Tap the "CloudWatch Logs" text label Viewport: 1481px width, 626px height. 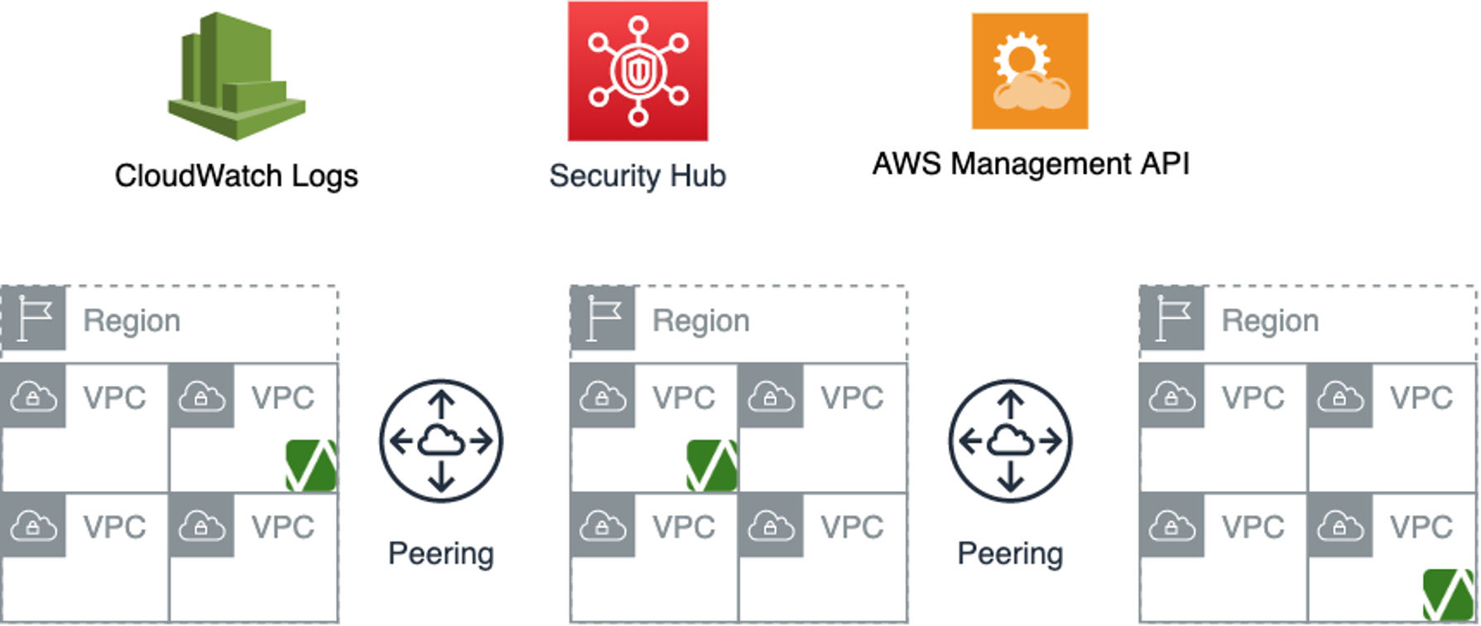click(x=237, y=176)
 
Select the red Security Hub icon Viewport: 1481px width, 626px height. click(x=637, y=71)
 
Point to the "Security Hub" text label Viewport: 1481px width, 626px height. click(x=637, y=176)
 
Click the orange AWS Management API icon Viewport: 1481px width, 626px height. click(x=1030, y=71)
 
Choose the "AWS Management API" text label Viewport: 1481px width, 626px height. click(x=1031, y=164)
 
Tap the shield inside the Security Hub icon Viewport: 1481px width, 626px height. click(x=637, y=72)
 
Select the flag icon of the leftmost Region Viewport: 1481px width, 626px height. click(x=34, y=319)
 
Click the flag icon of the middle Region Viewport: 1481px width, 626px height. click(x=603, y=319)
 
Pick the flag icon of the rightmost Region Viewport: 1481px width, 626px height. click(x=1172, y=319)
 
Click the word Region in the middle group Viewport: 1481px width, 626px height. click(x=701, y=320)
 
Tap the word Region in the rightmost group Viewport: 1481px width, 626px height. click(x=1270, y=320)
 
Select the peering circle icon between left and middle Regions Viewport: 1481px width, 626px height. click(x=441, y=441)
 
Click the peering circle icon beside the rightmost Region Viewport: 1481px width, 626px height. click(x=1010, y=441)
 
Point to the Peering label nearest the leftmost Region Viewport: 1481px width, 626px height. click(x=441, y=553)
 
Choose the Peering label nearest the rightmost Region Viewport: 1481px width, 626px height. click(x=1010, y=553)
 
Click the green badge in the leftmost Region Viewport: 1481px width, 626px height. click(x=311, y=466)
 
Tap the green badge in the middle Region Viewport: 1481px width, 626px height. click(x=712, y=466)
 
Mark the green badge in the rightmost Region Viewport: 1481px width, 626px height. click(x=1449, y=595)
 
